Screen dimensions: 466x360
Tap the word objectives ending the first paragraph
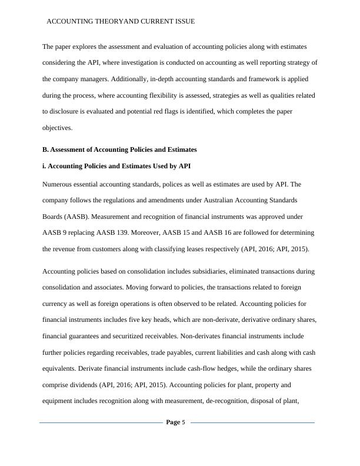click(x=57, y=127)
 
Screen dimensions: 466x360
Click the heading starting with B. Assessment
click(x=119, y=149)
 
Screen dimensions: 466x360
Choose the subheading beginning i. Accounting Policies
click(x=116, y=166)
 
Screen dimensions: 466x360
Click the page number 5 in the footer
click(x=184, y=422)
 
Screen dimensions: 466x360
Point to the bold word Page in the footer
click(x=173, y=422)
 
